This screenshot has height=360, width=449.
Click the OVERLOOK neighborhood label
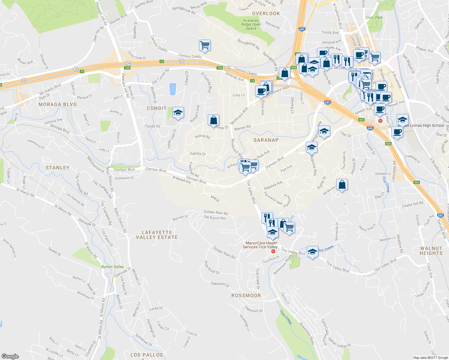(x=266, y=13)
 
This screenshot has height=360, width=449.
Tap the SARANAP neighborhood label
(x=266, y=140)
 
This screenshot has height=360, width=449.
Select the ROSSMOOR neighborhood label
(x=246, y=295)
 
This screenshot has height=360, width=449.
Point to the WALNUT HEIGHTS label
(x=431, y=251)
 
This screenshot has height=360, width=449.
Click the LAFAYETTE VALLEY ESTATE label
(x=157, y=235)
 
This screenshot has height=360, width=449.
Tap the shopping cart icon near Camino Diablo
(x=205, y=45)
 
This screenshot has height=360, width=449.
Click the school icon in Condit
(x=178, y=113)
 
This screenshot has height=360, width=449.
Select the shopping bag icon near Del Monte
(x=342, y=184)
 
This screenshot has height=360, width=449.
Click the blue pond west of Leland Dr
(x=173, y=89)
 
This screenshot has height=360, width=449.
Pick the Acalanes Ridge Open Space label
(x=251, y=24)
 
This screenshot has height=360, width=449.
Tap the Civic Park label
(x=374, y=17)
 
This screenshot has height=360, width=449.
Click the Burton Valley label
(x=112, y=267)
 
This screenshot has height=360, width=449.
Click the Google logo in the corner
(x=10, y=356)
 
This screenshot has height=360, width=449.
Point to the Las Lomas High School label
(x=424, y=125)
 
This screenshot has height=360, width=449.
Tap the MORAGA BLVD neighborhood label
(x=58, y=104)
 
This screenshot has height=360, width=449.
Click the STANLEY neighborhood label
(x=57, y=168)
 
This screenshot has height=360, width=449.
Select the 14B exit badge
(x=127, y=68)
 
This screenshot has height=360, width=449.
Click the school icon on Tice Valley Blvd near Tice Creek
(x=312, y=252)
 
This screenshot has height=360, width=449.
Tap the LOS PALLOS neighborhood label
(x=146, y=355)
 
